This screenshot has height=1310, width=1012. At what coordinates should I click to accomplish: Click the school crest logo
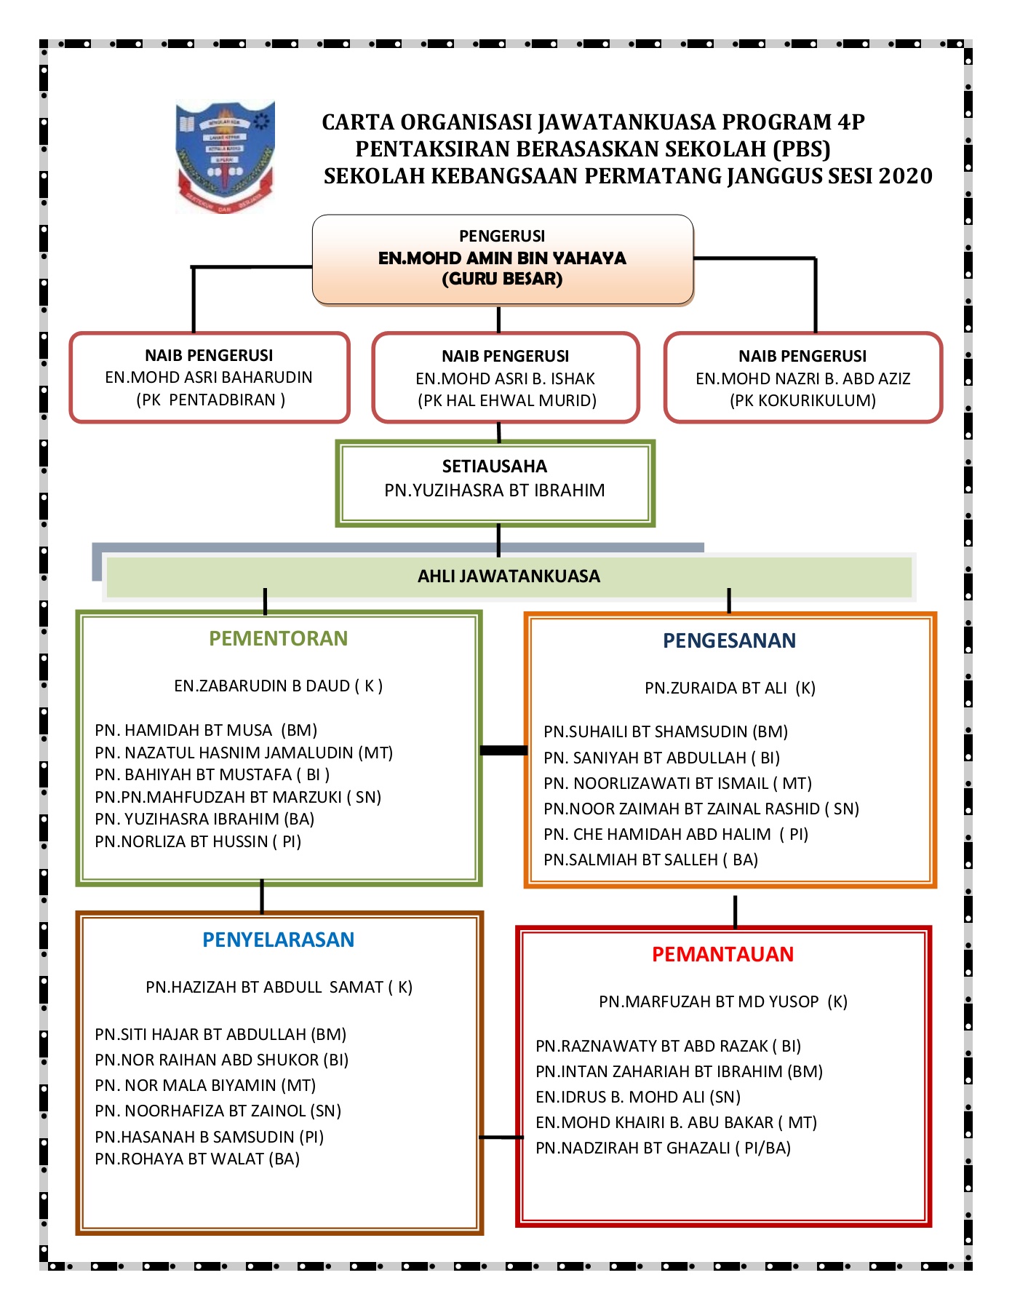[x=225, y=156]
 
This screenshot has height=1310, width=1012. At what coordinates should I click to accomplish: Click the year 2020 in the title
[x=905, y=176]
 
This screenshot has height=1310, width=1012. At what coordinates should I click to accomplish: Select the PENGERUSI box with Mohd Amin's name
[x=502, y=259]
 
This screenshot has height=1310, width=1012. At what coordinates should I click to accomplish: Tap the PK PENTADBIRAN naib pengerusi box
[x=210, y=378]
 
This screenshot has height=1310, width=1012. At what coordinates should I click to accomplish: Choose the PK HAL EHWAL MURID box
[x=506, y=378]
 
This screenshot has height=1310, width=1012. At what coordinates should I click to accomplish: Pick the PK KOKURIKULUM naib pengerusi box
[x=802, y=378]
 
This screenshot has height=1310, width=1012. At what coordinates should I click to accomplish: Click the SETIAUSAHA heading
[x=495, y=467]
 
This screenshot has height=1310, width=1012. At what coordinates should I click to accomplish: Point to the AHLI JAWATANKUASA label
[x=509, y=576]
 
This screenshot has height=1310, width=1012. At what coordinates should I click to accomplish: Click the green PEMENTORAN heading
[x=278, y=638]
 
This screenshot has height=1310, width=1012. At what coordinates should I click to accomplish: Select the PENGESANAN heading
[x=729, y=640]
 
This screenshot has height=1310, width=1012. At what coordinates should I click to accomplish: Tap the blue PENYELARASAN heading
[x=278, y=940]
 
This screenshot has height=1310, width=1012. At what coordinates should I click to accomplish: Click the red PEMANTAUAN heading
[x=722, y=954]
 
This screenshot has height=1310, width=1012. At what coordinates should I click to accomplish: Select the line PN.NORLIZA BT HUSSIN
[x=198, y=841]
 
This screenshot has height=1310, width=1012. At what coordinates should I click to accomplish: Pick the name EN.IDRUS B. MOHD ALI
[x=638, y=1097]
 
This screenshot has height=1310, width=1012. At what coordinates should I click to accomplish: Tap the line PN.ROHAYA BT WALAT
[x=197, y=1159]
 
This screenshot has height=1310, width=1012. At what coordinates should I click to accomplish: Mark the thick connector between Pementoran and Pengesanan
[x=503, y=750]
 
